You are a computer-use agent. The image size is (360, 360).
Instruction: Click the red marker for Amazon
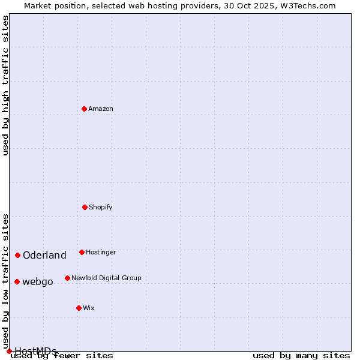click(84, 109)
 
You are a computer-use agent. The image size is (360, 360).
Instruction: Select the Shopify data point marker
click(85, 207)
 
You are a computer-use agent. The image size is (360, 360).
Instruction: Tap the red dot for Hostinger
click(82, 252)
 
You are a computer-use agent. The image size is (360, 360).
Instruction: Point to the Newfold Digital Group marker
click(67, 278)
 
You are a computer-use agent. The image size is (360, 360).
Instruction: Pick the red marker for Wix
click(79, 308)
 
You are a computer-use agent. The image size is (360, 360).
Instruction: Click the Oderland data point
click(17, 255)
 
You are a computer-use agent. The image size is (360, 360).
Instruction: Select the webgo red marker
click(17, 281)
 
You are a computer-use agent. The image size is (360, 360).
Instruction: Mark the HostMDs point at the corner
click(9, 351)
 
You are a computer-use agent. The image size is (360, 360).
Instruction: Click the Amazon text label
click(101, 109)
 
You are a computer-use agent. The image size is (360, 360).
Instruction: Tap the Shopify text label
click(101, 207)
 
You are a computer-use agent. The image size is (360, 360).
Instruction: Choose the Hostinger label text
click(101, 252)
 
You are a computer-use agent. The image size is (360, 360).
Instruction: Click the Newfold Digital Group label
click(106, 278)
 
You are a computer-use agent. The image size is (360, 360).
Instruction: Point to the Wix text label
click(89, 308)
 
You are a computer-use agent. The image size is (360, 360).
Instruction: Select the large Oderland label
click(44, 255)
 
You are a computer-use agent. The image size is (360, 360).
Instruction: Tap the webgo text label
click(38, 281)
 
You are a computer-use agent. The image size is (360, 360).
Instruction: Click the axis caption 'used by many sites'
click(301, 355)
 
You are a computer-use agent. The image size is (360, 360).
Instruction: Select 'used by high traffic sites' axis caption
click(5, 85)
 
